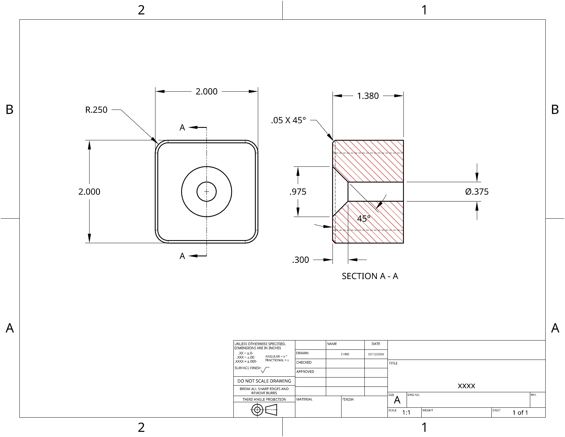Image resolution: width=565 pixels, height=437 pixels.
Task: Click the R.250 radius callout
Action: [x=96, y=110]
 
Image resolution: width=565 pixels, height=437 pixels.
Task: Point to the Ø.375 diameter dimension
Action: [x=477, y=192]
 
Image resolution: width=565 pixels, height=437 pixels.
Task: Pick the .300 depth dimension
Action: [x=301, y=260]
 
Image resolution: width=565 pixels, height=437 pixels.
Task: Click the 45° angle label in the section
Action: [x=363, y=219]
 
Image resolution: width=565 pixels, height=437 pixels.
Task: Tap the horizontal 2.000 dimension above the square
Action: [x=206, y=91]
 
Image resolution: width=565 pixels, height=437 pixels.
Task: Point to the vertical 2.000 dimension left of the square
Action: [x=89, y=192]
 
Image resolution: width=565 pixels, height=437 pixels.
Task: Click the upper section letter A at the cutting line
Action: [x=182, y=127]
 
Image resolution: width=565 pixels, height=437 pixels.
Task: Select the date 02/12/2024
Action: [x=376, y=354]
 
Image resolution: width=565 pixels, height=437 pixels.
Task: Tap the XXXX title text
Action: [x=466, y=386]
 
